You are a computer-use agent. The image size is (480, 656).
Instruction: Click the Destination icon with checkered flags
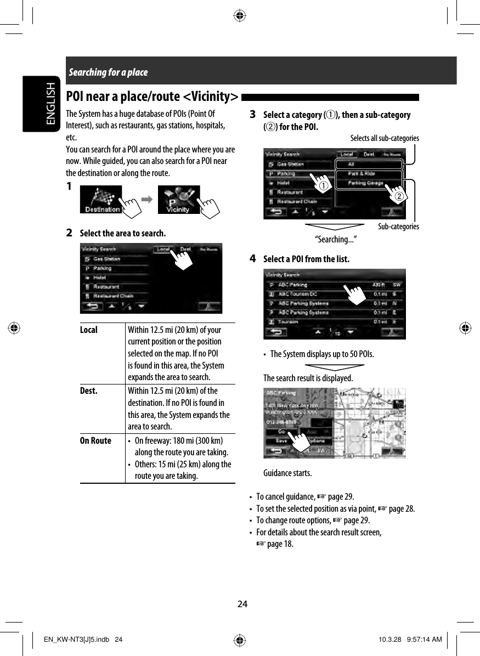pyautogui.click(x=101, y=200)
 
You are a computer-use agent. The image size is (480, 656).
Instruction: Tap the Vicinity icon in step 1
pyautogui.click(x=178, y=200)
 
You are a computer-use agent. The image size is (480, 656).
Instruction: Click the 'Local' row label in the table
pyautogui.click(x=89, y=330)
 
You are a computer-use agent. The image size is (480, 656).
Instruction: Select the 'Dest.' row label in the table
pyautogui.click(x=89, y=391)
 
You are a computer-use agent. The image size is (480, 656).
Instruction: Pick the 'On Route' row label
pyautogui.click(x=95, y=440)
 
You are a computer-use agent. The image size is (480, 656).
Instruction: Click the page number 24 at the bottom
pyautogui.click(x=242, y=604)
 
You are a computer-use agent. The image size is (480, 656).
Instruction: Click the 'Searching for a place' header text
pyautogui.click(x=108, y=72)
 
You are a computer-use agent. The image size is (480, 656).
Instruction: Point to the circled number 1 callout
pyautogui.click(x=325, y=186)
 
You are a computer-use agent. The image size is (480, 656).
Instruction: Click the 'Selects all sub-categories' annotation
pyautogui.click(x=385, y=138)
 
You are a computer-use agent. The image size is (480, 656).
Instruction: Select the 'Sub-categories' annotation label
pyautogui.click(x=398, y=227)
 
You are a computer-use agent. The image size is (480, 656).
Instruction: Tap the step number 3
pyautogui.click(x=252, y=115)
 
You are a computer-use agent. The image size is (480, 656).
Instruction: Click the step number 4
pyautogui.click(x=252, y=258)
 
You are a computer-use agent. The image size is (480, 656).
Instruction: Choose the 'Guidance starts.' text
pyautogui.click(x=287, y=473)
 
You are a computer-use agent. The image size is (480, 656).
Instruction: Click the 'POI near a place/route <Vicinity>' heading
pyautogui.click(x=152, y=97)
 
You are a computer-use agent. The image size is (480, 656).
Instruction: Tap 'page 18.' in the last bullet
pyautogui.click(x=280, y=544)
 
